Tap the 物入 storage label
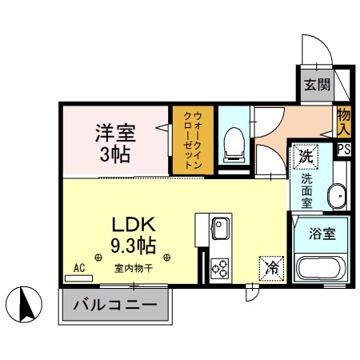[344, 119]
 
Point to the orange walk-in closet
[191, 141]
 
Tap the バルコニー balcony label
[115, 305]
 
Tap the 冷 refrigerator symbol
[270, 268]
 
